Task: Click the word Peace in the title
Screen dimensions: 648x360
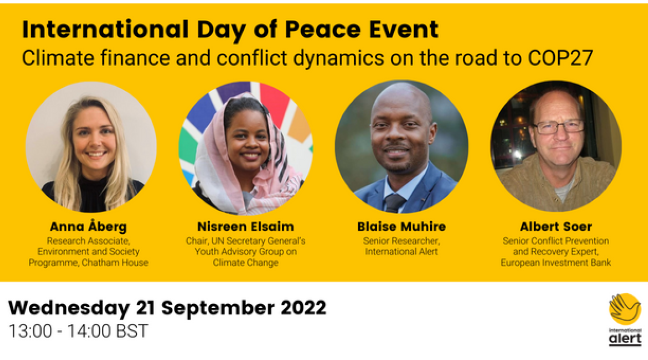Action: pyautogui.click(x=323, y=29)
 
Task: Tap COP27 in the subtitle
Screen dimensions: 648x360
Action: pyautogui.click(x=561, y=58)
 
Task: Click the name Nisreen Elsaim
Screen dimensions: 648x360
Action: pyautogui.click(x=246, y=227)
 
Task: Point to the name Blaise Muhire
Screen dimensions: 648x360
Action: pyautogui.click(x=402, y=227)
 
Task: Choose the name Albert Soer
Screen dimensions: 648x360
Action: pyautogui.click(x=556, y=227)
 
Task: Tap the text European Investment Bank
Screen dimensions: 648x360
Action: pyautogui.click(x=556, y=263)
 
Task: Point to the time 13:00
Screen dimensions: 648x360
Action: pyautogui.click(x=31, y=331)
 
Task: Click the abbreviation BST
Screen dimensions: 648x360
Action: pyautogui.click(x=132, y=331)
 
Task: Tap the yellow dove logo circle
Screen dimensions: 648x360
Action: pyautogui.click(x=625, y=309)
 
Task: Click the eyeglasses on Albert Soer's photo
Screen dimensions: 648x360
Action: pyautogui.click(x=558, y=127)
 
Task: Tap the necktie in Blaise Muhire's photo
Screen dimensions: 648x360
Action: pyautogui.click(x=394, y=203)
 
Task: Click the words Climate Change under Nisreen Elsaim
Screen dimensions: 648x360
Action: pyautogui.click(x=246, y=263)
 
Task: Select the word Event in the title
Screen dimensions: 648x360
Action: pyautogui.click(x=404, y=29)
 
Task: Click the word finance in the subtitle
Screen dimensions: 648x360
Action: pyautogui.click(x=135, y=58)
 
